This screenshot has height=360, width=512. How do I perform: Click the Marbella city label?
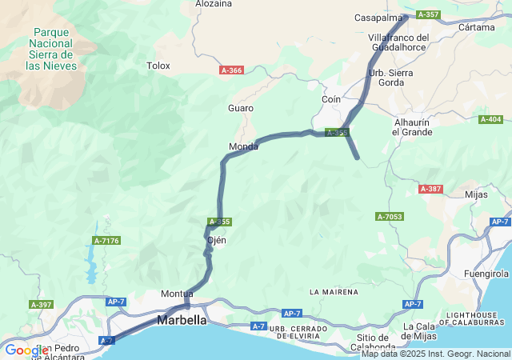pos(182,320)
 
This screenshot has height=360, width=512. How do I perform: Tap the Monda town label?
pos(243,146)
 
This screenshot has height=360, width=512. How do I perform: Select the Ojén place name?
pos(217,240)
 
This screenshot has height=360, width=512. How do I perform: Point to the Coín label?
pos(330,99)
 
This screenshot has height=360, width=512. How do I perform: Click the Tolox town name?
pos(158,66)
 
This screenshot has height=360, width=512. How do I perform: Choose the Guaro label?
pos(241,108)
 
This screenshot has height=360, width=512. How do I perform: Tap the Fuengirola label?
pos(486,274)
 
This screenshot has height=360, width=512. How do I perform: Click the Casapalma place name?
pos(378,18)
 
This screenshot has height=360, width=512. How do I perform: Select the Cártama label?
pos(477,27)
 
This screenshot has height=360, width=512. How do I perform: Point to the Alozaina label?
pos(214,4)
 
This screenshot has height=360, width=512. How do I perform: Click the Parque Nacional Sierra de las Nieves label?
pos(51,49)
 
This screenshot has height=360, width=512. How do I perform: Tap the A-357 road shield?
pos(428,14)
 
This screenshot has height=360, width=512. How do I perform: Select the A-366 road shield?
pos(231,70)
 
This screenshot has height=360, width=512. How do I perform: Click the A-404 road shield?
pos(490,119)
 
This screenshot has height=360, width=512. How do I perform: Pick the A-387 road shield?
pos(430,189)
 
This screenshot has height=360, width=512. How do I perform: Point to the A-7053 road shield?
pos(390,217)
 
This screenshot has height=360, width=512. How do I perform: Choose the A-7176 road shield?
pos(106,240)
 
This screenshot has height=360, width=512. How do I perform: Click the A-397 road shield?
pos(41,304)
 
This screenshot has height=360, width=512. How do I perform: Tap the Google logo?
pos(26,350)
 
